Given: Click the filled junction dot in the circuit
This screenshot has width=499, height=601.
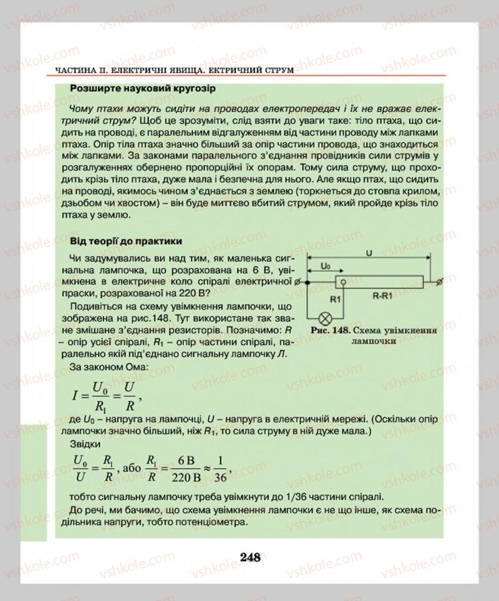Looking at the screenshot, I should pos(309,281).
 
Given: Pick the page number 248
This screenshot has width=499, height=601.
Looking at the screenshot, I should pos(249,557).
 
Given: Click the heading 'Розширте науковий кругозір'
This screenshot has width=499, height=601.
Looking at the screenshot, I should pos(143,89).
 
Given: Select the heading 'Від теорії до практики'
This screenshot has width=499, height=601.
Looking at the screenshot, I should pos(125,240).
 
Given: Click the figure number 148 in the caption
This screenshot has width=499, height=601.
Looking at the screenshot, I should pos(341,330).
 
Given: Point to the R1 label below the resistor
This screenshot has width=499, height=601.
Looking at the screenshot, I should pos(335,299).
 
